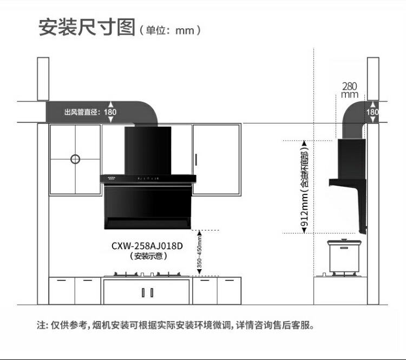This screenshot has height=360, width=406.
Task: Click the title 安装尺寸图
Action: point(87,27)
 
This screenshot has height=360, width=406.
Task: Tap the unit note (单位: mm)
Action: point(170,30)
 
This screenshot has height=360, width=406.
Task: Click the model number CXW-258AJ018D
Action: point(147,246)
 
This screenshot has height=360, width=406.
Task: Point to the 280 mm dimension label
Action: point(350,90)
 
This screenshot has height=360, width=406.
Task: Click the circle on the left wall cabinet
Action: point(75,159)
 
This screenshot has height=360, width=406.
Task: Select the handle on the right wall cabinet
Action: point(195,160)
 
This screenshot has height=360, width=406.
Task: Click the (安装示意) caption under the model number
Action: point(147,256)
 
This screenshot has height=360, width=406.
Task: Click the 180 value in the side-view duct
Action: point(372,112)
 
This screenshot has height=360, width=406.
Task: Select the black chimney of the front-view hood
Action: point(148,151)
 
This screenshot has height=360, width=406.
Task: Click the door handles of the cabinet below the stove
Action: point(143,292)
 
